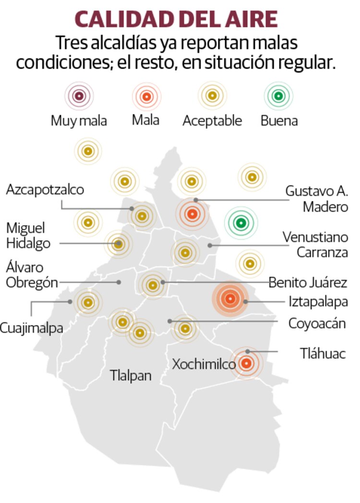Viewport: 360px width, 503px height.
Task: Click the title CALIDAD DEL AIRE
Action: tap(177, 19)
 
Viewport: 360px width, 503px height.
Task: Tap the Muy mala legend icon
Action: tap(79, 96)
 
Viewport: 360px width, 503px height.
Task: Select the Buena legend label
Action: tap(279, 121)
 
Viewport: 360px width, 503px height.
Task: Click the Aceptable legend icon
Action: tap(212, 96)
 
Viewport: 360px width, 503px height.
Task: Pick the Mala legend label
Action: tap(145, 120)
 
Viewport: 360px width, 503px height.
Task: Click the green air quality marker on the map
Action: tap(241, 222)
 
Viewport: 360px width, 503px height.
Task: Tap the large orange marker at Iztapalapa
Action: tap(230, 299)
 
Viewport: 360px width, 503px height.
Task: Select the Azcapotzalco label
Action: tap(45, 190)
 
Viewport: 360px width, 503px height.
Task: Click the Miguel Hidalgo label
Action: tap(28, 235)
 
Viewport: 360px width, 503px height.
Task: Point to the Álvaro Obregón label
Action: tap(32, 275)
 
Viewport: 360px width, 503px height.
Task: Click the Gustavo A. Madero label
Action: tap(316, 198)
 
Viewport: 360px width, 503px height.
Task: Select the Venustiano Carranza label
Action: tap(315, 245)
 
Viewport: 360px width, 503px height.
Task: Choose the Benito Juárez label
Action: tap(308, 282)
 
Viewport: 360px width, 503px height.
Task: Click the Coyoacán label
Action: tap(317, 323)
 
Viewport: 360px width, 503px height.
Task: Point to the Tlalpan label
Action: tap(131, 375)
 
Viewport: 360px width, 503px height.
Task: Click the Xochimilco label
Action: tap(204, 365)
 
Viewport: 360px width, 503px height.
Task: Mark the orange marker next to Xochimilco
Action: tap(246, 364)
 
